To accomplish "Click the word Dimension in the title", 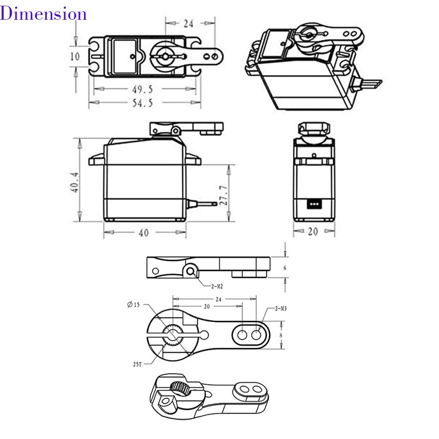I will pos(43,14).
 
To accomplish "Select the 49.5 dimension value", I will pos(143,90).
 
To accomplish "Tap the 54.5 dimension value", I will pos(143,104).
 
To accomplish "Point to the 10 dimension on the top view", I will pos(75,56).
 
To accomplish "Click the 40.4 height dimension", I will pos(75,182).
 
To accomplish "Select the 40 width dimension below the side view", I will pos(144,233).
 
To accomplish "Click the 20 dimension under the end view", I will pos(313,231).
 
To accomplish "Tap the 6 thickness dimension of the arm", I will pos(286,267).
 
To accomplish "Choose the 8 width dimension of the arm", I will pos(281,335).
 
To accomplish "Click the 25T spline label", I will pos(137,364).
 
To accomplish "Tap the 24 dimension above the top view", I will pos(188,24).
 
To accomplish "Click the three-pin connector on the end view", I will pos(313,204).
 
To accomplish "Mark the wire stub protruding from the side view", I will pos(202,203).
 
